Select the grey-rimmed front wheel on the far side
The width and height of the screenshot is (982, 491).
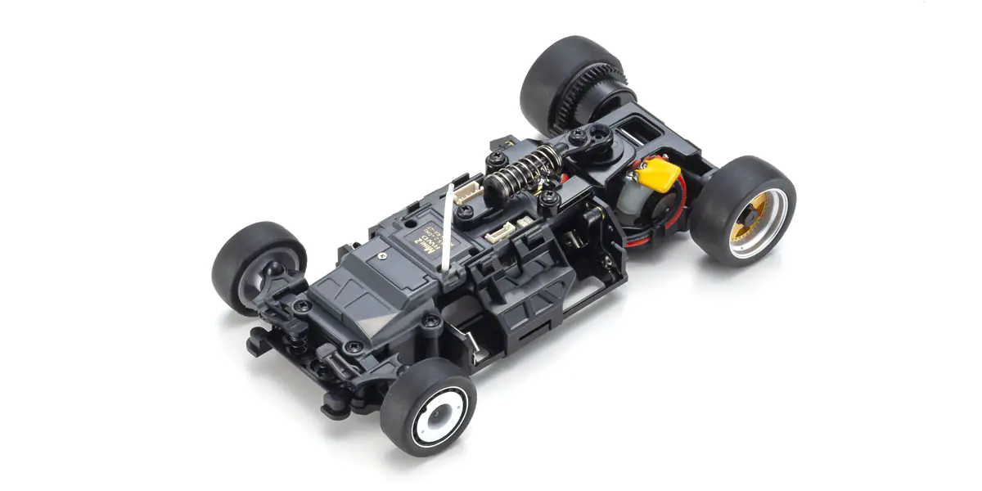[x=255, y=266]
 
